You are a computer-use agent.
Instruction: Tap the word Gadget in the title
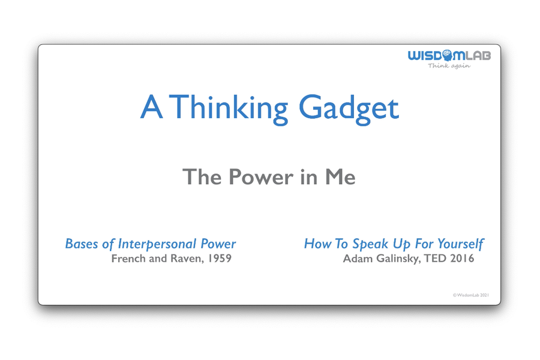pyautogui.click(x=349, y=109)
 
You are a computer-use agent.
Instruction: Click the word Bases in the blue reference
pyautogui.click(x=81, y=244)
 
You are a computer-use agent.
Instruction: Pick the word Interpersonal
pyautogui.click(x=155, y=244)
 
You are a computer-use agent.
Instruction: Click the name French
pyautogui.click(x=128, y=259)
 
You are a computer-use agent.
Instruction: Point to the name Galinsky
pyautogui.click(x=396, y=259)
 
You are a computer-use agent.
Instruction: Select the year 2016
pyautogui.click(x=462, y=259)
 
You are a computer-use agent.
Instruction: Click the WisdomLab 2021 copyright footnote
pyautogui.click(x=471, y=295)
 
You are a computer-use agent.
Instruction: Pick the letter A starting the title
pyautogui.click(x=150, y=109)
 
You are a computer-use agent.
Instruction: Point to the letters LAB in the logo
pyautogui.click(x=479, y=56)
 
